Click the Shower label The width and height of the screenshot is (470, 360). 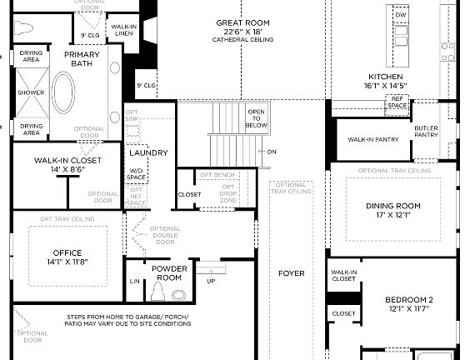pyautogui.click(x=31, y=92)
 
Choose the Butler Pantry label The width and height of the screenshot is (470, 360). pyautogui.click(x=426, y=131)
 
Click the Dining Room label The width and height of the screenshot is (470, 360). pyautogui.click(x=390, y=208)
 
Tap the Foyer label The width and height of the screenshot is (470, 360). pyautogui.click(x=292, y=273)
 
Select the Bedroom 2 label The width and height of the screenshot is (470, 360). pyautogui.click(x=406, y=303)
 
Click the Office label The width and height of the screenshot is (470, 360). pyautogui.click(x=66, y=257)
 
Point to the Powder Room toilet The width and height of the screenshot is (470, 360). pyautogui.click(x=157, y=292)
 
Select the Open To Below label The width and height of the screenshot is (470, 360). pyautogui.click(x=257, y=118)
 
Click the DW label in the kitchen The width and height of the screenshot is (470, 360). pyautogui.click(x=401, y=15)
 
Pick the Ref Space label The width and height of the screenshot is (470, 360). pyautogui.click(x=397, y=102)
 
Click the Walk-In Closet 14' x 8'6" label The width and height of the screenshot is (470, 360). pyautogui.click(x=67, y=163)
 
